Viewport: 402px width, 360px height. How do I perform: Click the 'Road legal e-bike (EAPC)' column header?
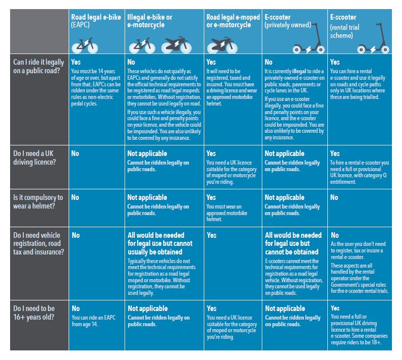click(x=96, y=21)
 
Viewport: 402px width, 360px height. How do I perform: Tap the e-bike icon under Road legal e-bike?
click(x=85, y=45)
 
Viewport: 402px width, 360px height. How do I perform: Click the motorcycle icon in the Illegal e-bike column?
click(x=177, y=45)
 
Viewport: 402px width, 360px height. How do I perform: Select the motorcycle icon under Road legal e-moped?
click(x=222, y=45)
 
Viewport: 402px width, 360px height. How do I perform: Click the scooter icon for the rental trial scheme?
click(x=374, y=38)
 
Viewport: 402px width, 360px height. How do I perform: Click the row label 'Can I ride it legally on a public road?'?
click(x=38, y=66)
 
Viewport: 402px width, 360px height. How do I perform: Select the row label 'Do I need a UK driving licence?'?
click(x=34, y=158)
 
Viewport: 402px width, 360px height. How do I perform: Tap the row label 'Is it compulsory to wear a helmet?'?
click(x=38, y=201)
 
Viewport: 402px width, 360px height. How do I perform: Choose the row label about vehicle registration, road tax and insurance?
click(x=38, y=243)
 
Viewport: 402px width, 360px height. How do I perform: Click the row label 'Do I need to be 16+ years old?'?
click(x=34, y=313)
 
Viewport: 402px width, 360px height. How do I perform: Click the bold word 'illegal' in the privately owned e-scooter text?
click(x=299, y=71)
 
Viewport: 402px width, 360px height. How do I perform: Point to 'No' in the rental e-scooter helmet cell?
click(x=334, y=197)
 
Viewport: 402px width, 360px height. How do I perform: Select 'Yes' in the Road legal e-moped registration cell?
click(x=211, y=235)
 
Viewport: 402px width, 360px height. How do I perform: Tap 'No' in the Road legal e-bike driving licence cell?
click(x=75, y=153)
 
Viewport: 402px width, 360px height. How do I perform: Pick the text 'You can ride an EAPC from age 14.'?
click(x=94, y=321)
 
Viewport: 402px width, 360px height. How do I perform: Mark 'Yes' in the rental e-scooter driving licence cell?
click(x=335, y=153)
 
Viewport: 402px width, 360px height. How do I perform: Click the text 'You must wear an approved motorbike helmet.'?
click(x=227, y=213)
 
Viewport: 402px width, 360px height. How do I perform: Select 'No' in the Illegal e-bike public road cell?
click(x=131, y=62)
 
